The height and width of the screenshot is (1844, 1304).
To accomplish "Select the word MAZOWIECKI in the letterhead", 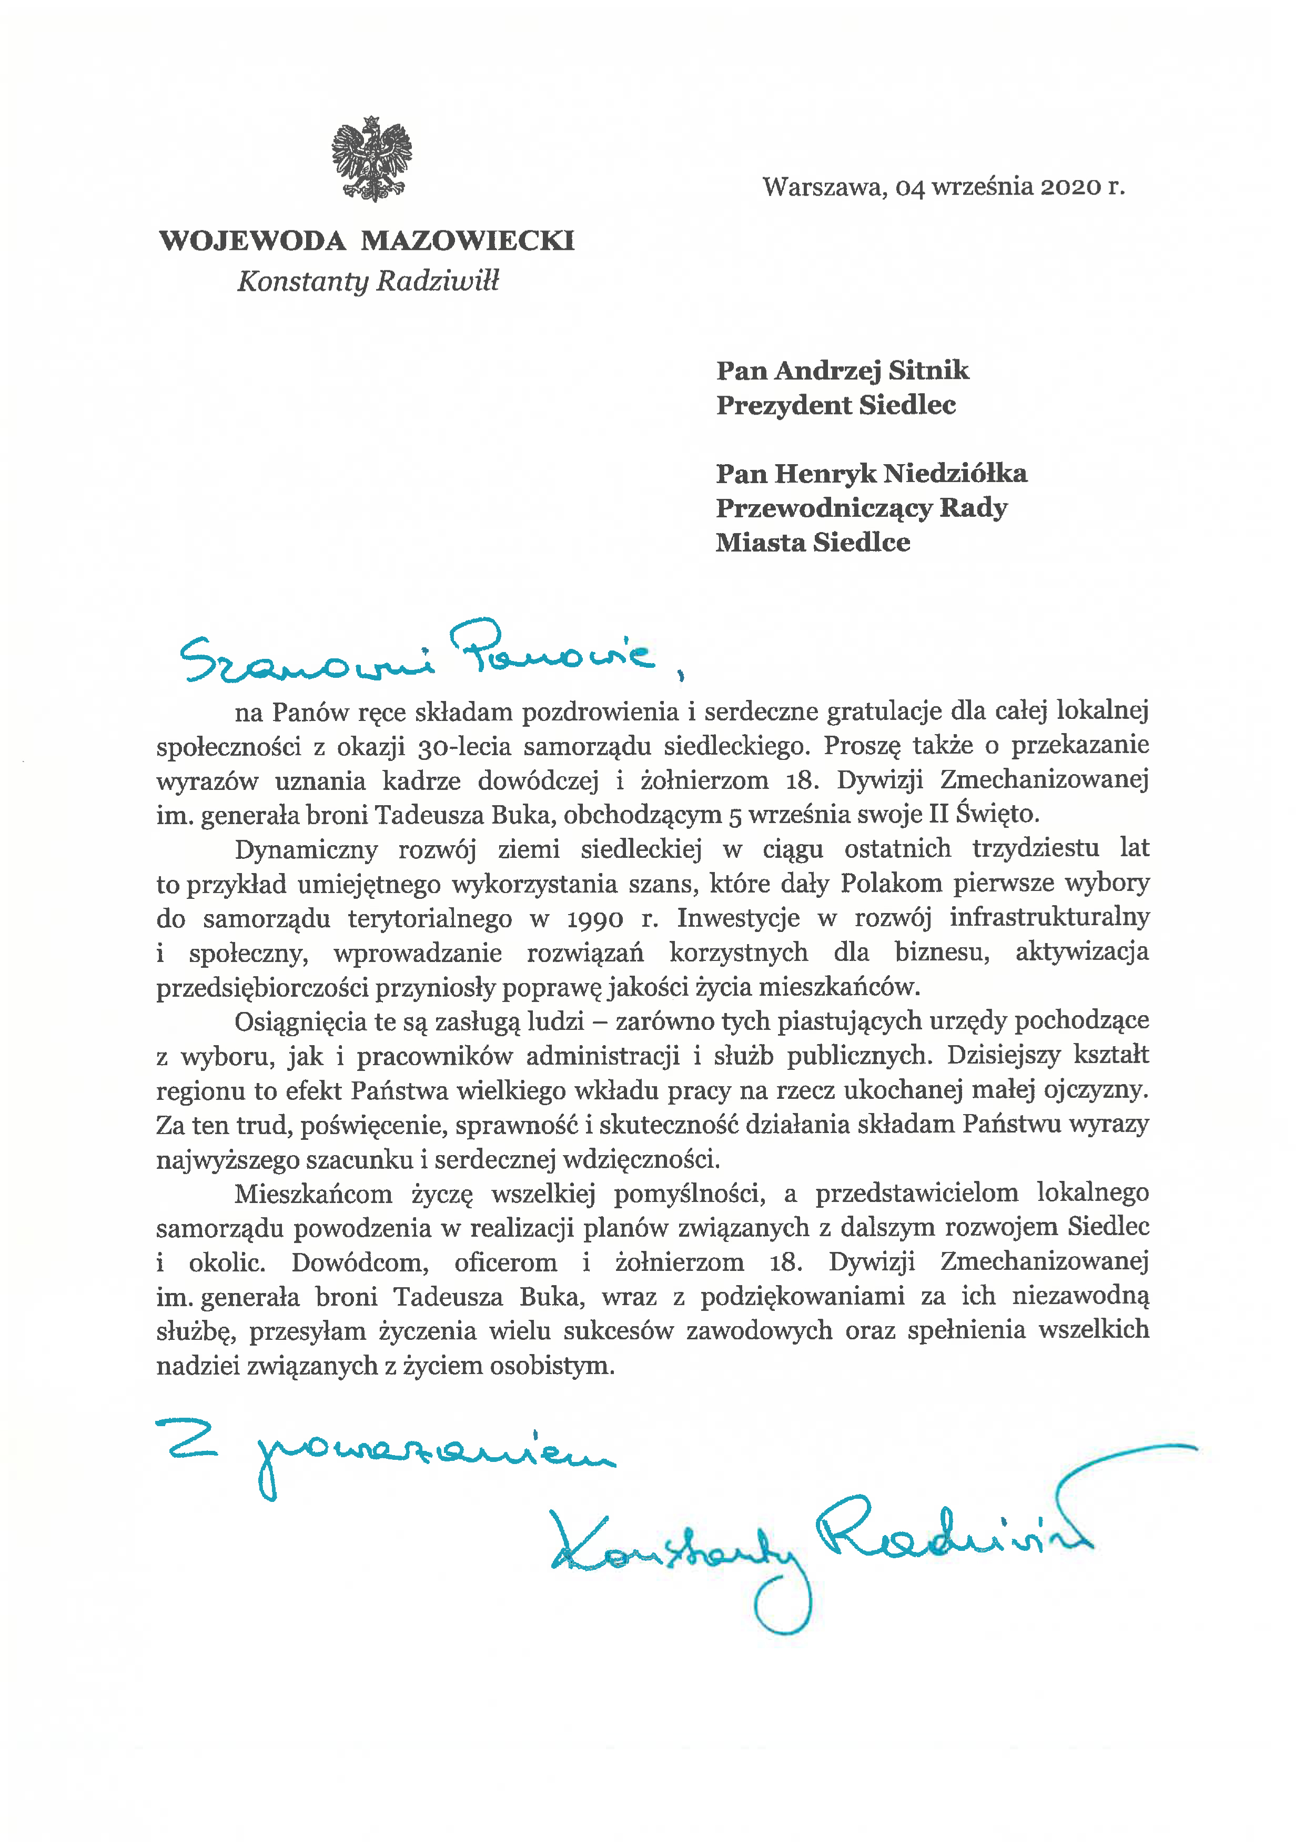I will pyautogui.click(x=467, y=241).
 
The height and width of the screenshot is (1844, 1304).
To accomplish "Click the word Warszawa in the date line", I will pyautogui.click(x=824, y=187).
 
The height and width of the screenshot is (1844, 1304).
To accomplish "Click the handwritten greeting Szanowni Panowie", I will pyautogui.click(x=418, y=655).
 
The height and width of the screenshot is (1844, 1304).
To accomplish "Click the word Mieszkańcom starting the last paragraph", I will pyautogui.click(x=313, y=1194).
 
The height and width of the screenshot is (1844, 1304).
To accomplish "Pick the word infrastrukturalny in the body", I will pyautogui.click(x=1049, y=918).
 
